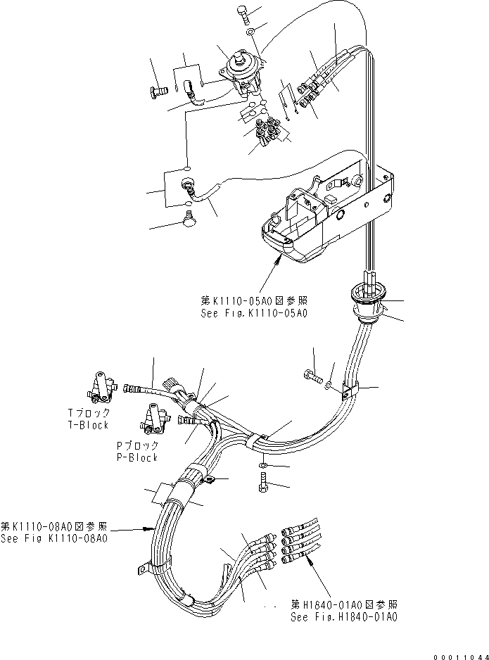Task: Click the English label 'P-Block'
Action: pos(137,457)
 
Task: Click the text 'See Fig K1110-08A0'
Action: pos(54,538)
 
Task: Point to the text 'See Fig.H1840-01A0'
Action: pos(344,616)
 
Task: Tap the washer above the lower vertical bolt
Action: pos(262,466)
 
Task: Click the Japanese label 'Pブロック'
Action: pos(137,445)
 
